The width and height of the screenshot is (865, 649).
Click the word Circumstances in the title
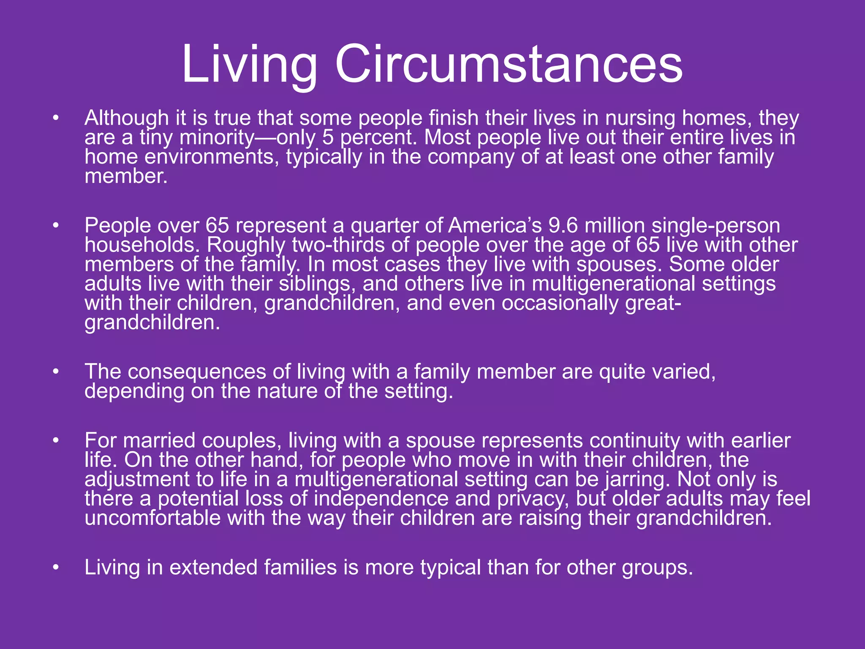[509, 64]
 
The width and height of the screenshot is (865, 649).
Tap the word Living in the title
[249, 64]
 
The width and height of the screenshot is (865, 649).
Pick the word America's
[495, 226]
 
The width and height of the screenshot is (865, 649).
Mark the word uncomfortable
[152, 518]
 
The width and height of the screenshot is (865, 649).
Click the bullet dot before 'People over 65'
[55, 226]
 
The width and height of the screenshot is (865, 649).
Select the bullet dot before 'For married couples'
[55, 441]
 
